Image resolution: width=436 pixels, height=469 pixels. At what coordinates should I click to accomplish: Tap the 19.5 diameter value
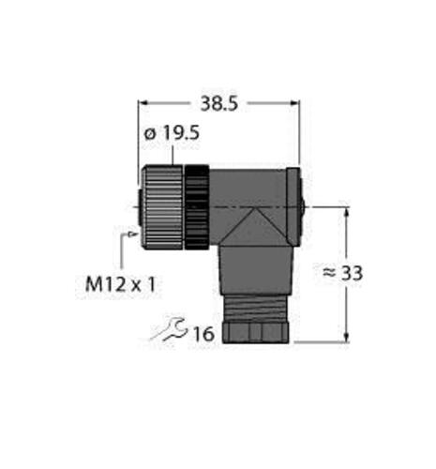pos(181,134)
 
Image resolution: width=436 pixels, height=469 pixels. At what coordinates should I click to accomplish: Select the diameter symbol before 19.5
pos(149,134)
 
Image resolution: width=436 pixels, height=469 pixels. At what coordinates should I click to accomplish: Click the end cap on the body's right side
pos(294,206)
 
